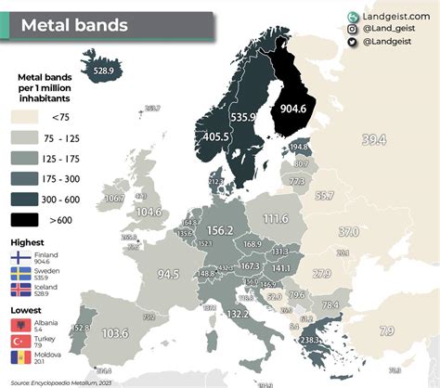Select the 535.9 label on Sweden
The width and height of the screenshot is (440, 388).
242,118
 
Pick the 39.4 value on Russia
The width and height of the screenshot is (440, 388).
372,139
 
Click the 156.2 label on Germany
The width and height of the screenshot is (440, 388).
219,230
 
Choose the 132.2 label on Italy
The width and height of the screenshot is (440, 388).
238,315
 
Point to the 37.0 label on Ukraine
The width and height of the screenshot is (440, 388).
348,230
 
